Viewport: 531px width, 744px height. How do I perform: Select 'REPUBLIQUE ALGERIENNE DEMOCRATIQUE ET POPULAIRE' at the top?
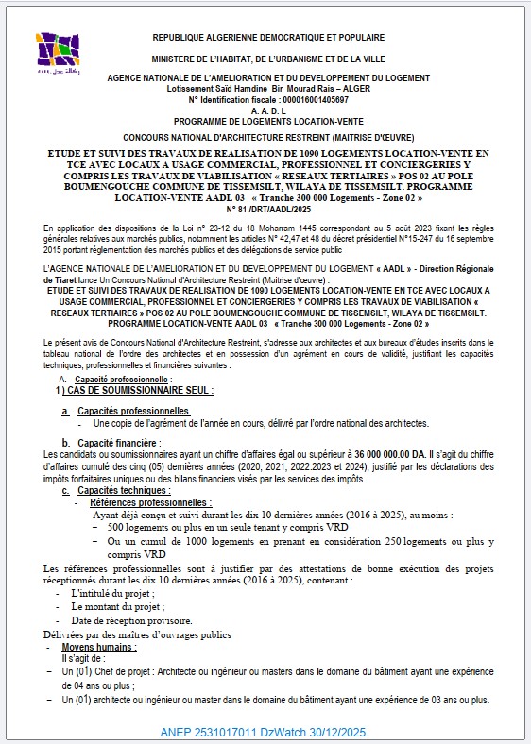coord(267,38)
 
